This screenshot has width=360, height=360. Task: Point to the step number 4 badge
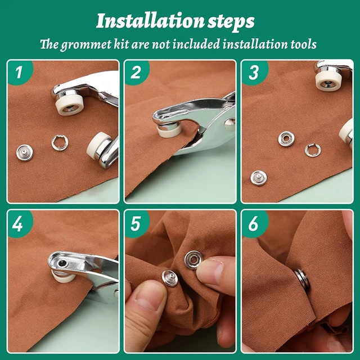[x=19, y=224]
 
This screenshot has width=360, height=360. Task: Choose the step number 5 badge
[x=136, y=224]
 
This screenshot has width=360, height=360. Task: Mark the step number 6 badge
[x=254, y=224]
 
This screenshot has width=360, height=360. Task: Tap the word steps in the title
[x=231, y=21]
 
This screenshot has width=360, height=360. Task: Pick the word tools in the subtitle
[x=301, y=44]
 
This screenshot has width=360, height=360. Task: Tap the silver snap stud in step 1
[x=24, y=151]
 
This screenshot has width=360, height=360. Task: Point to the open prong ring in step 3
[x=312, y=150]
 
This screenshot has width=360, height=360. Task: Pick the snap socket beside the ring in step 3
[x=286, y=138]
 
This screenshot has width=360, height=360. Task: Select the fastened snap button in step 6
[x=303, y=279]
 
